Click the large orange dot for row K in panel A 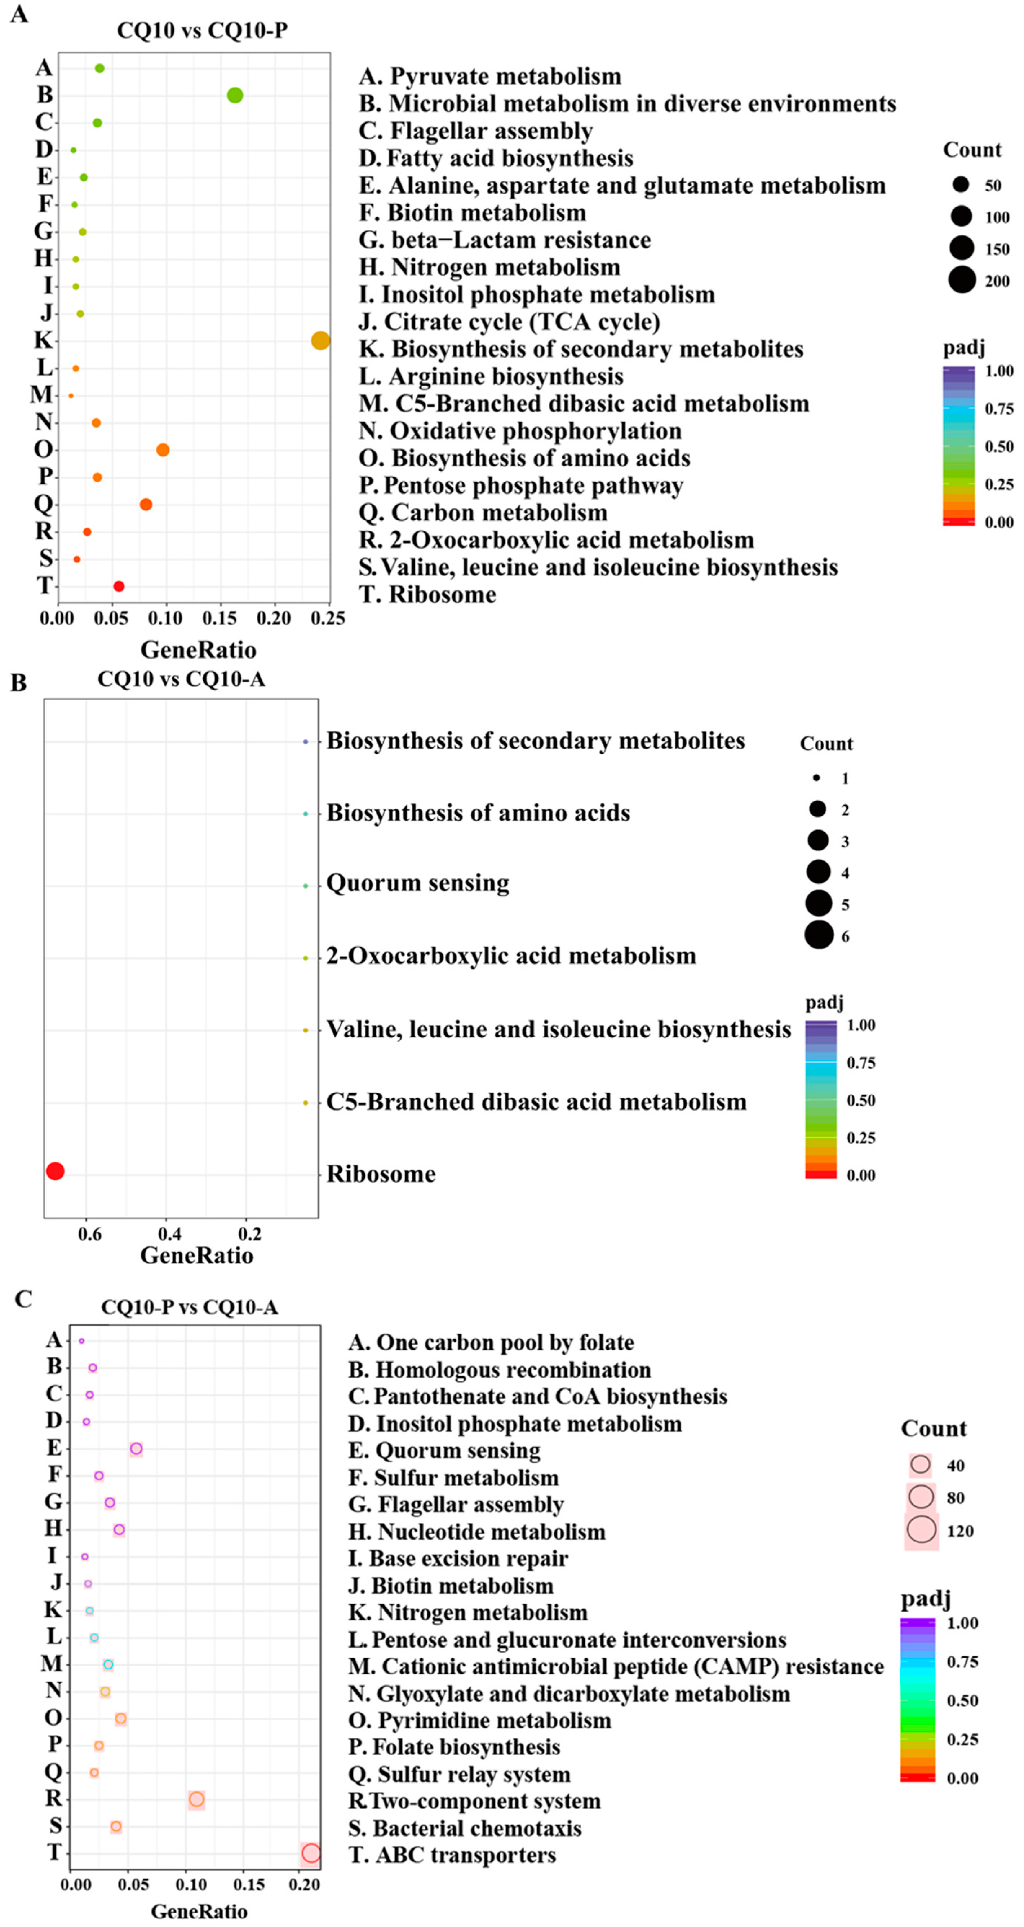click(x=320, y=340)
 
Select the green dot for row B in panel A click(x=235, y=95)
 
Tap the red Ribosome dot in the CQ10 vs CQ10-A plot click(x=54, y=1171)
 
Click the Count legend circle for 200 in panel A click(x=962, y=280)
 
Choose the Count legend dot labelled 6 click(x=819, y=935)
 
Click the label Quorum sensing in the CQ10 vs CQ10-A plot click(x=417, y=883)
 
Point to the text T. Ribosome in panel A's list click(x=427, y=595)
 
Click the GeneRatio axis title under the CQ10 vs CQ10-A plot click(x=197, y=1255)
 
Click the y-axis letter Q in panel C click(x=53, y=1771)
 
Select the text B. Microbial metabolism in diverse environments click(x=627, y=103)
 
